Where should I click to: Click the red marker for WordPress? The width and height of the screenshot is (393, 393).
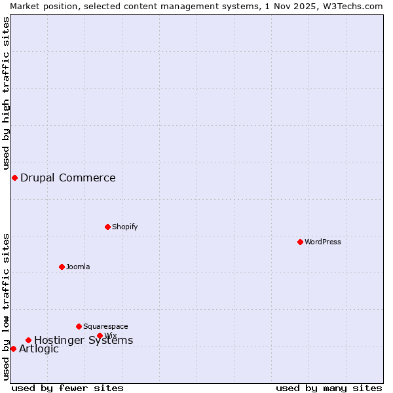[x=300, y=242]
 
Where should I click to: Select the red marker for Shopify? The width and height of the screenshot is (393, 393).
[x=107, y=227]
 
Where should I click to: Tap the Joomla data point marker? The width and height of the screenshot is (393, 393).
[x=62, y=267]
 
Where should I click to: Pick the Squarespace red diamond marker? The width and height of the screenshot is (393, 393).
[x=79, y=326]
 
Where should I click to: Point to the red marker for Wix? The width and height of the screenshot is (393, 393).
[x=100, y=335]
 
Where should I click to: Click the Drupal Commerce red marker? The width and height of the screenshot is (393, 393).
[x=14, y=178]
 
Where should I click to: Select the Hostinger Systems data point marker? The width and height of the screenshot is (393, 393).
[x=28, y=340]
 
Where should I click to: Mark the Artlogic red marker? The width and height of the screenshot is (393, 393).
[x=13, y=348]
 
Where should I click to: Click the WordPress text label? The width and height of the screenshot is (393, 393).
[x=323, y=242]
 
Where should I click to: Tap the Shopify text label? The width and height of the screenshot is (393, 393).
[x=125, y=227]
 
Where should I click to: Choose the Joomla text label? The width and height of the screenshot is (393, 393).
[x=78, y=267]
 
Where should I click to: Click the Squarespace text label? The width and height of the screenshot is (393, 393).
[x=105, y=326]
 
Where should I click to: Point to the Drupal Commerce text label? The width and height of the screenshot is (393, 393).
[x=68, y=178]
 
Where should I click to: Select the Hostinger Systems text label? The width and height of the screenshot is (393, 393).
[x=84, y=340]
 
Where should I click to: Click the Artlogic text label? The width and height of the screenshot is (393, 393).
[x=39, y=349]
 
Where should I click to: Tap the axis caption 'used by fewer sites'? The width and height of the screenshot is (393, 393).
[x=67, y=388]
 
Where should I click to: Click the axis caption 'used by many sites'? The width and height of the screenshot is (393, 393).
[x=329, y=388]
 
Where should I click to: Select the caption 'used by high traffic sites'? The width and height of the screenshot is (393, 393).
[x=6, y=93]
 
